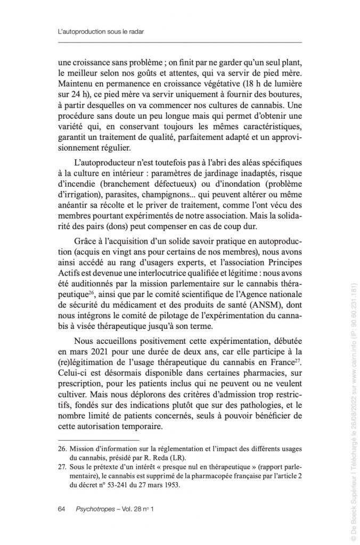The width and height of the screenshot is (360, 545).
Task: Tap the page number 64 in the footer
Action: coord(61,509)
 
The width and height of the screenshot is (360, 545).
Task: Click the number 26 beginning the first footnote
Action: coord(61,444)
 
